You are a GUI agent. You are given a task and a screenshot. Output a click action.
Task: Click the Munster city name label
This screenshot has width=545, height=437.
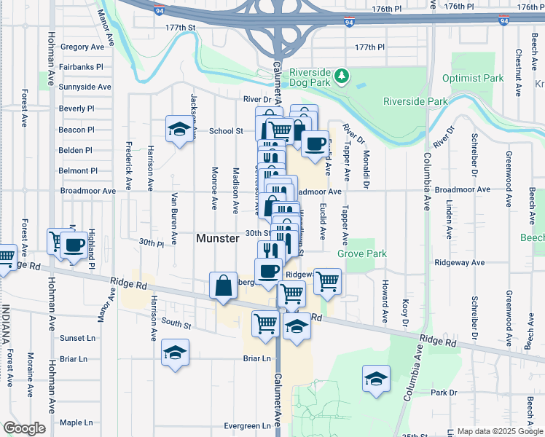(218, 238)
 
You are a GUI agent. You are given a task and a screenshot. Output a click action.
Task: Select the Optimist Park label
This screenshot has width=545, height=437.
(473, 78)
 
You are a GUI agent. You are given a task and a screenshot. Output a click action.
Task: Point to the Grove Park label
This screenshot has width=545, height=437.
(361, 253)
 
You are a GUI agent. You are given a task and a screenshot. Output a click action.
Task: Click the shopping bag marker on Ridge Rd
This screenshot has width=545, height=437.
(223, 286)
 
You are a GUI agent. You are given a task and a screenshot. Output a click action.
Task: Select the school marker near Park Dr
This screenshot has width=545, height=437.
(375, 379)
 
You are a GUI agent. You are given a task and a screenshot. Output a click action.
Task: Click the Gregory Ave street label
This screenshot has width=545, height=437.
(82, 47)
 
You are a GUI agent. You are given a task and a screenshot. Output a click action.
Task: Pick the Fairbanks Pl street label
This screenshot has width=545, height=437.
(81, 66)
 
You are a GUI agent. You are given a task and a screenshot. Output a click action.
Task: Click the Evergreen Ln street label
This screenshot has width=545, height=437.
(247, 426)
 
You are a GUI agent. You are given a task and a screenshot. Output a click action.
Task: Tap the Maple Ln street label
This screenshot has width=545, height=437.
(76, 422)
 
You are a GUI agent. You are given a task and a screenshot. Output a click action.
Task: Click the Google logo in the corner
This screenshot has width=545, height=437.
(24, 428)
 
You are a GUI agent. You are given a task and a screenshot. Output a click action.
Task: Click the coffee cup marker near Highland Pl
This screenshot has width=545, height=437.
(73, 245)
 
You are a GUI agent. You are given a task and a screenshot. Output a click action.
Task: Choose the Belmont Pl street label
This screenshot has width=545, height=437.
(78, 170)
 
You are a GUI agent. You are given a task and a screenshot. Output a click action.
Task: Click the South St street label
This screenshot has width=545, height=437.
(176, 322)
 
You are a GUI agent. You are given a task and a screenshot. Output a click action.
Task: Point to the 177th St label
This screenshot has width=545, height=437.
(181, 27)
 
